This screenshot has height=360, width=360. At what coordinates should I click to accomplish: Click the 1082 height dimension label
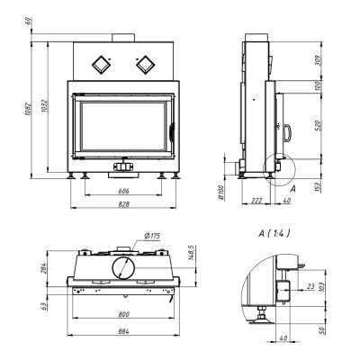[28, 110]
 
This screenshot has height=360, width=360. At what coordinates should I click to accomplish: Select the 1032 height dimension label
[45, 106]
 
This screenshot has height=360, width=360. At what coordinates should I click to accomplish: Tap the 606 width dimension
[123, 191]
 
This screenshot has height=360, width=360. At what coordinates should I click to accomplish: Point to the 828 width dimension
[123, 204]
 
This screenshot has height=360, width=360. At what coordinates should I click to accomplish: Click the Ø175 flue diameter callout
[152, 236]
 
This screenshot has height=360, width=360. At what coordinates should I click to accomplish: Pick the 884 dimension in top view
[123, 331]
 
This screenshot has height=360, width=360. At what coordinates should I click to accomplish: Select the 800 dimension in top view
[123, 314]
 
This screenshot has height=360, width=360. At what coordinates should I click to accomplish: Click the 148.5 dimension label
[193, 252]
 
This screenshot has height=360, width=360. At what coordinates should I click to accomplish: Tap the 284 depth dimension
[44, 268]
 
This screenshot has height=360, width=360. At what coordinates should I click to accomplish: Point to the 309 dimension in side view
[319, 60]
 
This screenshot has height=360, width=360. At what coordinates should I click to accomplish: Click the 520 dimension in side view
[319, 125]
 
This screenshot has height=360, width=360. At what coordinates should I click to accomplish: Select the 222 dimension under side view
[256, 201]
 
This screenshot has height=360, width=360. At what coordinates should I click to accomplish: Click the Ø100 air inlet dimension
[221, 193]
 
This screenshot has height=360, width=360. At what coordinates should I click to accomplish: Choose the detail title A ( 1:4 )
[274, 233]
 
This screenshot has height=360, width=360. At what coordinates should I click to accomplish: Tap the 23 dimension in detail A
[310, 286]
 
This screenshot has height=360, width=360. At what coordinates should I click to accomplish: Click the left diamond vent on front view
[101, 65]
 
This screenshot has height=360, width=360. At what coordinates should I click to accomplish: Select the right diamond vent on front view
[146, 65]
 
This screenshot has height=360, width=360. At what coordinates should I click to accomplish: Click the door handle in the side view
[287, 133]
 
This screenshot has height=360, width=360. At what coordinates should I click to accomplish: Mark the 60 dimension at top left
[28, 21]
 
